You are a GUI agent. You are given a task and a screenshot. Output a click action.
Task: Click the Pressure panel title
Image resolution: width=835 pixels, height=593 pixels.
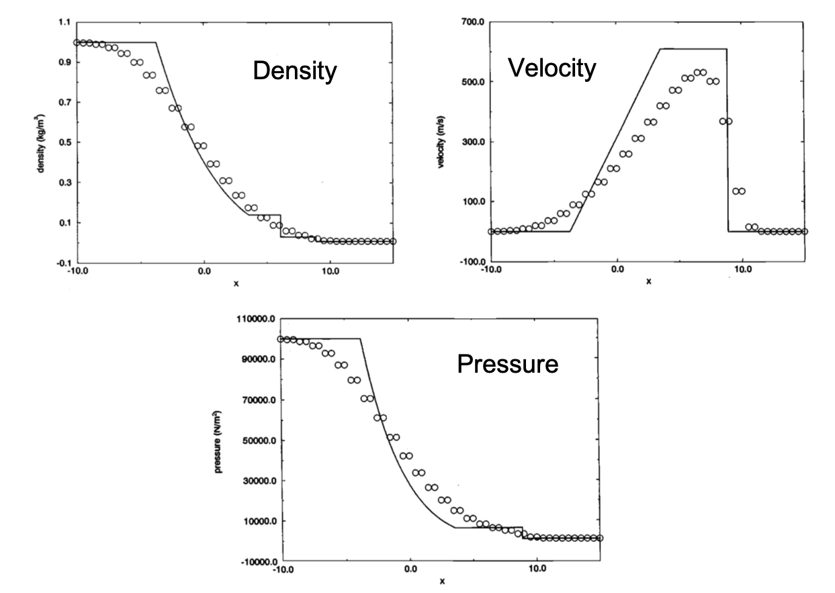pyautogui.click(x=507, y=364)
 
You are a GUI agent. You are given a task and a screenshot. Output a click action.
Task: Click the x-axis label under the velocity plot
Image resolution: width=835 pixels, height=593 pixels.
pyautogui.click(x=648, y=281)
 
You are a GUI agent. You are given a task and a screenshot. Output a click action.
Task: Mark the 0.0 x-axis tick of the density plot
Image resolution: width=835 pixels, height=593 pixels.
pyautogui.click(x=204, y=272)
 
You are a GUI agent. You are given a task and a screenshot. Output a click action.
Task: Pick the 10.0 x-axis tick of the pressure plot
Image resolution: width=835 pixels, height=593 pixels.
pyautogui.click(x=537, y=569)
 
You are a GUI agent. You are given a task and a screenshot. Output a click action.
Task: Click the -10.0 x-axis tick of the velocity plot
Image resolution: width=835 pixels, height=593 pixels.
pyautogui.click(x=491, y=269)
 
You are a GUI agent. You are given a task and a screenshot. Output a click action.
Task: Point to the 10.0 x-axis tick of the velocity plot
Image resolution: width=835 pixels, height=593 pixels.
pyautogui.click(x=742, y=269)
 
